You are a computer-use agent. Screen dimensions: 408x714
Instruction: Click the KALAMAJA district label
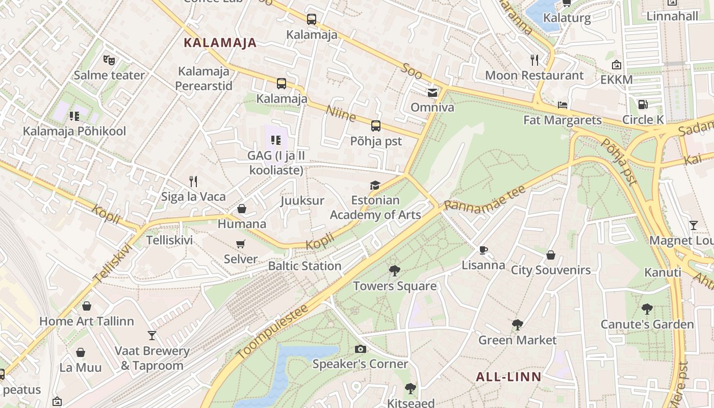[220, 43]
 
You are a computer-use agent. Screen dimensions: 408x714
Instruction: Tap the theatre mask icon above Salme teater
[109, 60]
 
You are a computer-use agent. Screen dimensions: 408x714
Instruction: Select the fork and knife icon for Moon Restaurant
[534, 60]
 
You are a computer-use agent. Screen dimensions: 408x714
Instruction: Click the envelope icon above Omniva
[432, 92]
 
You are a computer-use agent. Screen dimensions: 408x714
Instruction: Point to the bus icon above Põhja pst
[376, 126]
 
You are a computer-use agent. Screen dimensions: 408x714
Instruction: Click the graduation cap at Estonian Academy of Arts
[375, 185]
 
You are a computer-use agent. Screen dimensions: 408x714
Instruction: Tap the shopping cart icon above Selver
[241, 244]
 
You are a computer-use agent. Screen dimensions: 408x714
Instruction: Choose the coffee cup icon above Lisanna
[483, 250]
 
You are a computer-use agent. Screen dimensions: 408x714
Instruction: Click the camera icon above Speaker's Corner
[360, 349]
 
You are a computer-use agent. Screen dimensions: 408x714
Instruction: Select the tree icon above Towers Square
[394, 271]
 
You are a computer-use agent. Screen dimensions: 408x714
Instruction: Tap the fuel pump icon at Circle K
[643, 105]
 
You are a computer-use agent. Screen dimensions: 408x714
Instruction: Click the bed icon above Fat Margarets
[562, 105]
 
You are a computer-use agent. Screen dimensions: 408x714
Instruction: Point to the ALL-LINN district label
[508, 377]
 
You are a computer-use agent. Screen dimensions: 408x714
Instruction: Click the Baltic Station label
[304, 266]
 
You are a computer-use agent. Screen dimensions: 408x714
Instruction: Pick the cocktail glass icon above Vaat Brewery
[151, 335]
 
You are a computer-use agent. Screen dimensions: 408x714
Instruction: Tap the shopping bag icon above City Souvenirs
[551, 255]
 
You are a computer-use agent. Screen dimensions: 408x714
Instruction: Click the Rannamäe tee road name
[484, 198]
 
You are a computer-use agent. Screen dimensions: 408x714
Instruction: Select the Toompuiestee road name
[272, 331]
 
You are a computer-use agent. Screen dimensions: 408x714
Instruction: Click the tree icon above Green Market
[517, 325]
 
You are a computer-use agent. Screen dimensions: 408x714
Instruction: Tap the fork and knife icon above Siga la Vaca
[193, 181]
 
